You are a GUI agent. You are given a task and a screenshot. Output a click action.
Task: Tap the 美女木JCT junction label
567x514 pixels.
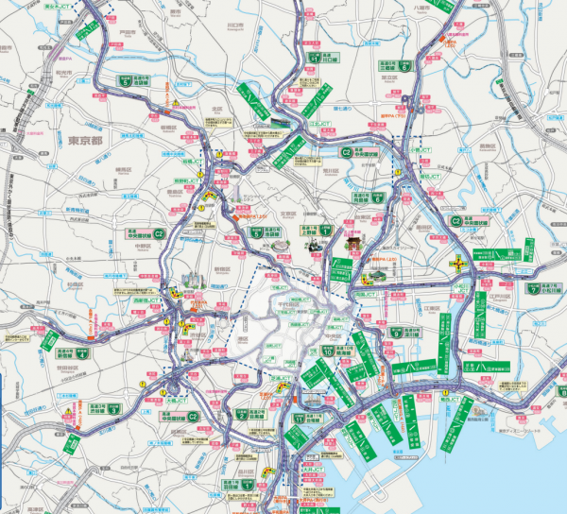pyautogui.click(x=57, y=6)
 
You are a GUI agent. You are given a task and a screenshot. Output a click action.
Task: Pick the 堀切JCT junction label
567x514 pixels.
pyautogui.click(x=430, y=175)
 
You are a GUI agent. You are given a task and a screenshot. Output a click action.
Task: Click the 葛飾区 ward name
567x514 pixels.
pyautogui.click(x=488, y=146)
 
